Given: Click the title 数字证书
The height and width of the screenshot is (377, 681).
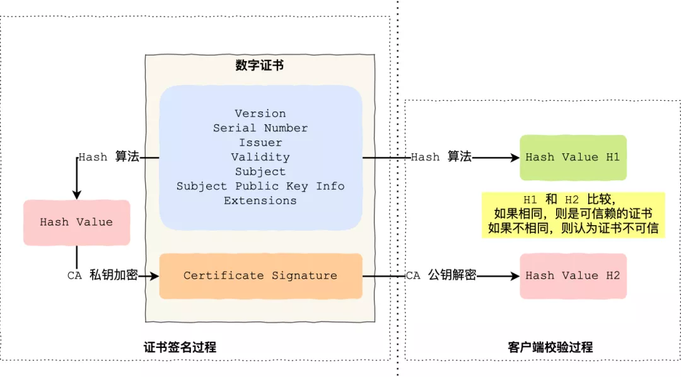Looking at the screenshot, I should point(260,65).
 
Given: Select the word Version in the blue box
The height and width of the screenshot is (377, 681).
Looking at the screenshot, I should point(260,113).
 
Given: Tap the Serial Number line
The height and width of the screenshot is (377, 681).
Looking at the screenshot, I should point(260,128).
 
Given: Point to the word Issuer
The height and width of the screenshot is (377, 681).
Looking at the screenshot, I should point(260,142).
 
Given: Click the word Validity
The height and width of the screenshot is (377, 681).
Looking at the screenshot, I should point(260,157).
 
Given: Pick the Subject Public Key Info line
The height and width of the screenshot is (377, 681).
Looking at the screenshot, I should point(260,186).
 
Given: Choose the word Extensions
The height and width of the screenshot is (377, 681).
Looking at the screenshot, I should point(260,200).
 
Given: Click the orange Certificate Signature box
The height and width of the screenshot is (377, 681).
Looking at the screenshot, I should point(260,275).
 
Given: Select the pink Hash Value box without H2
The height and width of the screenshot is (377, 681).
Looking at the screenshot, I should point(76,222).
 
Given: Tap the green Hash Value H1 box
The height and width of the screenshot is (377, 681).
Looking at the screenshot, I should point(573,157).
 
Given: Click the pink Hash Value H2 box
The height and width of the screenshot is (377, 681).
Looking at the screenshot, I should point(573,275).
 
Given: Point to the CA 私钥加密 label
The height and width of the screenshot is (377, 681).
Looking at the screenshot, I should point(102,275).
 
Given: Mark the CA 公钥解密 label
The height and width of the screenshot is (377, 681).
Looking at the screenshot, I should point(441,275).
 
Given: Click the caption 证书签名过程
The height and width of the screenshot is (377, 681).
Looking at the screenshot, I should point(180,347).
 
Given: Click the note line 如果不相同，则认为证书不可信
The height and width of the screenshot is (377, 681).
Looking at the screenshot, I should point(573,228).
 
